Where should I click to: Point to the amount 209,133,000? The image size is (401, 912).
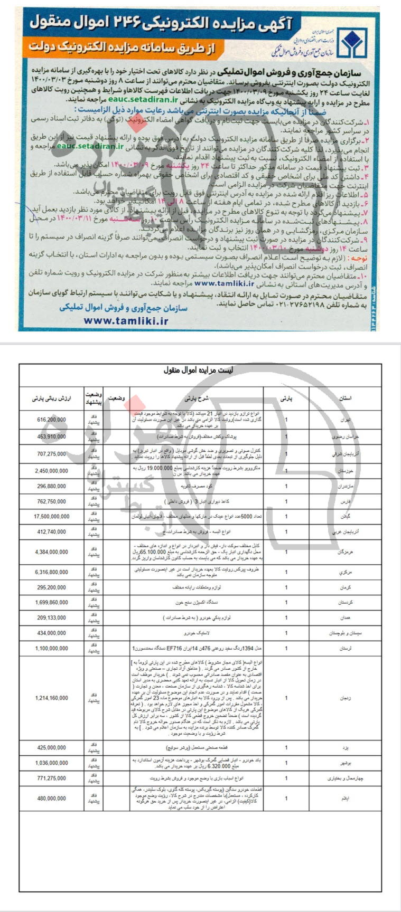click(x=51, y=617)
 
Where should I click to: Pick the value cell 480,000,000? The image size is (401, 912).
click(x=51, y=799)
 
